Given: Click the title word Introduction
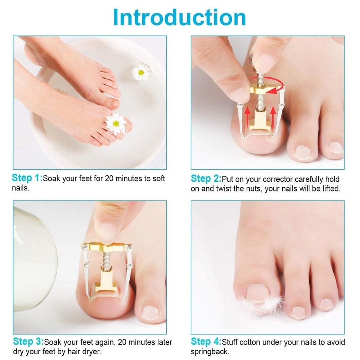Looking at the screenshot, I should click(x=180, y=17).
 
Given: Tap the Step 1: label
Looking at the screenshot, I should click(x=27, y=178).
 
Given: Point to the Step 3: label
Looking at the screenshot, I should click(x=28, y=342).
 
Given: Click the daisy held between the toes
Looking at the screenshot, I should click(x=116, y=123).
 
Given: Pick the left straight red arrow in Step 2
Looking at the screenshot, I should click(x=248, y=116).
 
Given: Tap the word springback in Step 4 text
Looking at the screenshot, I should click(x=210, y=352).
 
